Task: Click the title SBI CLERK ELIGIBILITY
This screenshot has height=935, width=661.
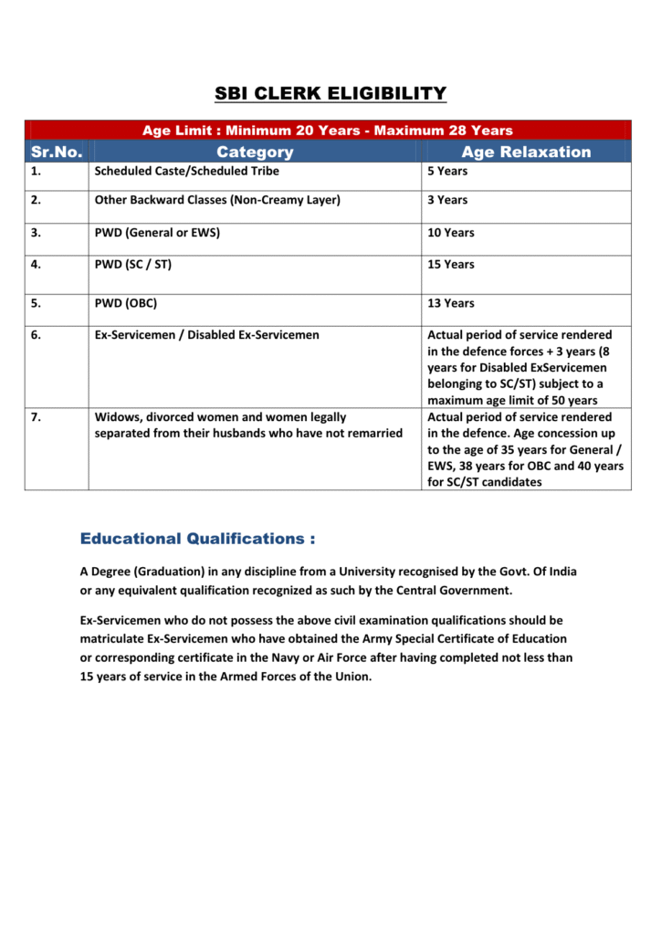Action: tap(330, 93)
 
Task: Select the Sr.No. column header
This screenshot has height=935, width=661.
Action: tap(57, 152)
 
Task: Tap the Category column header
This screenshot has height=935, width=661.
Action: tap(255, 152)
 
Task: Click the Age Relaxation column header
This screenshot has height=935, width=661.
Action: tap(526, 152)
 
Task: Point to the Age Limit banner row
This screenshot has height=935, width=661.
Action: tap(328, 131)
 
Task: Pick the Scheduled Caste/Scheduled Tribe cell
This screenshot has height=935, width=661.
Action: tap(187, 171)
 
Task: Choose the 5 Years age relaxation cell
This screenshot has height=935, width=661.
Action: tap(447, 171)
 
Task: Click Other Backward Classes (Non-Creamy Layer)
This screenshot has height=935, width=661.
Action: tap(217, 200)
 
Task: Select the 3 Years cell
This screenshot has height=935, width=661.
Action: tap(447, 200)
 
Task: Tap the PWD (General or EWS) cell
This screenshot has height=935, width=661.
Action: tap(157, 233)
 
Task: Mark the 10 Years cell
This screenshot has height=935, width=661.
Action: tap(451, 233)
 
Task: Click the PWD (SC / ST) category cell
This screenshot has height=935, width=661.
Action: tap(133, 264)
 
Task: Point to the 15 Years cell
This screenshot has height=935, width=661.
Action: tap(451, 264)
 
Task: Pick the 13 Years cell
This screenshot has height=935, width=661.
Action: tap(451, 303)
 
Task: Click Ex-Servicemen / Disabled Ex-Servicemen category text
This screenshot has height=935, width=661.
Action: tap(207, 335)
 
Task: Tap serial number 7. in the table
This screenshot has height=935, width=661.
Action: tap(36, 417)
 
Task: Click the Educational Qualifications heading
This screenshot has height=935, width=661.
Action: tap(197, 539)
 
